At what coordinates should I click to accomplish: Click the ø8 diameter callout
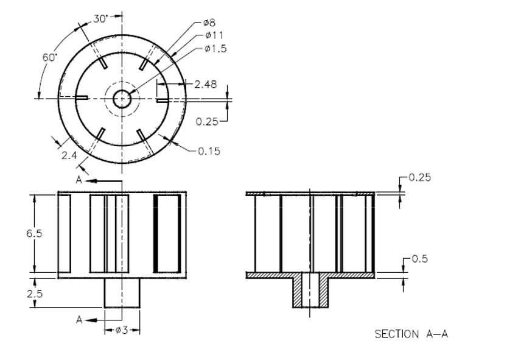[x=209, y=23]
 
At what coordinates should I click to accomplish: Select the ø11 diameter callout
[x=214, y=35]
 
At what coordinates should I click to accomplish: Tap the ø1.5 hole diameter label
[x=215, y=49]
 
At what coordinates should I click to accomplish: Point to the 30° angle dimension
[x=100, y=19]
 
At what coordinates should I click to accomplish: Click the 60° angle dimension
[x=50, y=57]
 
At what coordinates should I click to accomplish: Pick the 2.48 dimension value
[x=206, y=84]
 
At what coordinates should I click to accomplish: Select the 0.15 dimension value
[x=209, y=151]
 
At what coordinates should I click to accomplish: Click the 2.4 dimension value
[x=69, y=155]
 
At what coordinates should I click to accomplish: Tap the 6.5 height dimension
[x=34, y=233]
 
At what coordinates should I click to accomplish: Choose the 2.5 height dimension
[x=35, y=293]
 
